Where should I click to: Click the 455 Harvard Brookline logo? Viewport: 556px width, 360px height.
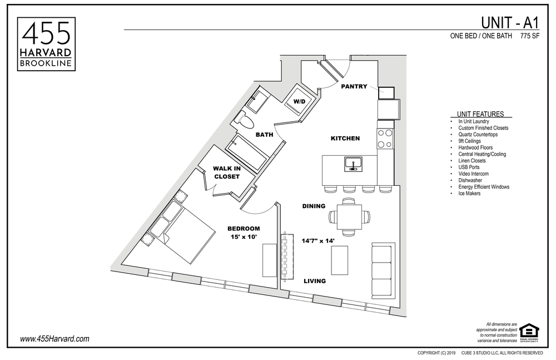click(47, 43)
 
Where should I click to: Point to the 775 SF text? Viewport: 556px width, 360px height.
click(530, 37)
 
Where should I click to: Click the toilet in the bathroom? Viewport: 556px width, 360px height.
click(244, 118)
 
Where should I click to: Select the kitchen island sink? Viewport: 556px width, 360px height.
click(353, 164)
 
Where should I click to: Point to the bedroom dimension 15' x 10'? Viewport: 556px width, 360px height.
click(243, 233)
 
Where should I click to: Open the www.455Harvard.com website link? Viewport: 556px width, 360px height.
click(54, 338)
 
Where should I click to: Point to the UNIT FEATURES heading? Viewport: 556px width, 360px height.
click(480, 114)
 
